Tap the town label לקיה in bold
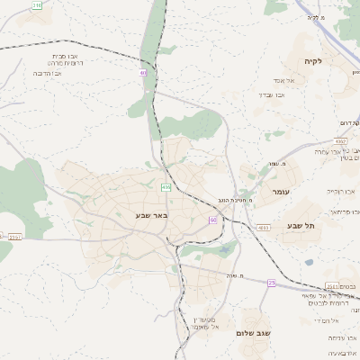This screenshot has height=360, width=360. tap(337, 61)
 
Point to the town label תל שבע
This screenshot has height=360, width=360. tap(300, 225)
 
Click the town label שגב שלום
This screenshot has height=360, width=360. tap(253, 333)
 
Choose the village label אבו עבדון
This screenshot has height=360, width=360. tap(272, 94)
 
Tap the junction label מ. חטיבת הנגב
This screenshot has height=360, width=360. tap(235, 199)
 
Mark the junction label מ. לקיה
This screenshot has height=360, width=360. tap(314, 17)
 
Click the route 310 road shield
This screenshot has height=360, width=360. tap(37, 5)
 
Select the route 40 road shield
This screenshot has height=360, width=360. tap(143, 73)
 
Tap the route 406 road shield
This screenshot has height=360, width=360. tap(166, 187)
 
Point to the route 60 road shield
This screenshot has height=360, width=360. tap(212, 220)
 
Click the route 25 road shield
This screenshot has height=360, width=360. tap(271, 283)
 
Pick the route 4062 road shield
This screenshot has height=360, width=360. tap(339, 141)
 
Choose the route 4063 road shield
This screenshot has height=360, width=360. tap(263, 228)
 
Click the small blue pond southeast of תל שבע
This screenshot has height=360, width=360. tap(309, 263)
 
